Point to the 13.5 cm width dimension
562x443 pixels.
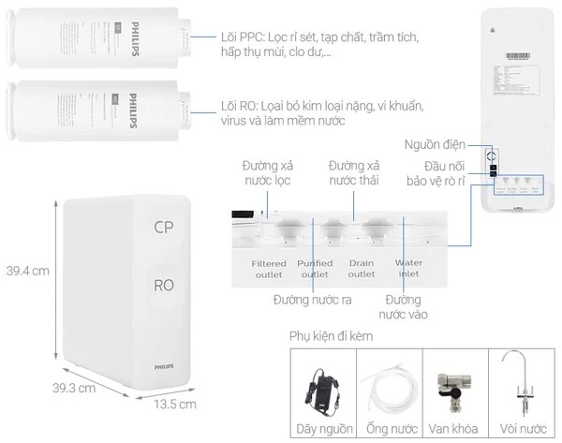click(x=175, y=405)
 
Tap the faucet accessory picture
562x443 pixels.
click(x=521, y=384)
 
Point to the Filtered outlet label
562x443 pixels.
click(x=269, y=269)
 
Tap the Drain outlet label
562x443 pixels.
click(x=362, y=269)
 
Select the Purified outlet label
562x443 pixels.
click(x=315, y=269)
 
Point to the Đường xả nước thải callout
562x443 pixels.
click(x=354, y=172)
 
